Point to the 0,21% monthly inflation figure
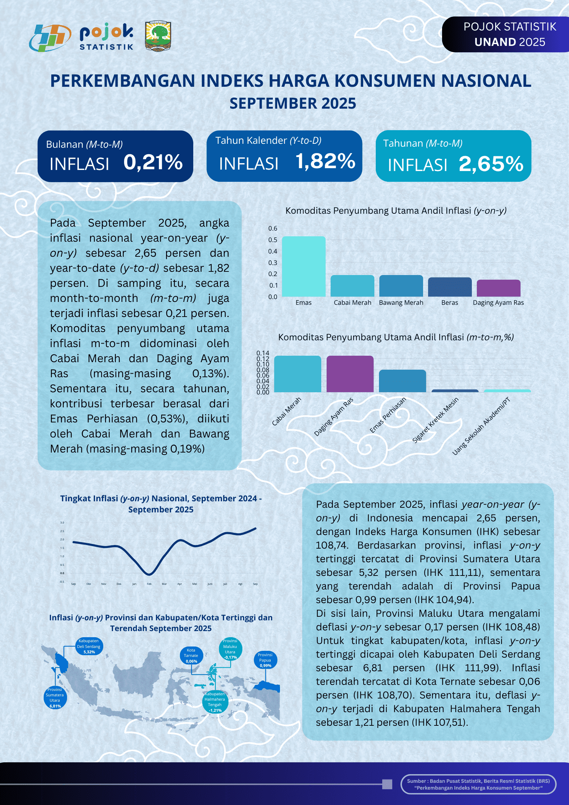153,162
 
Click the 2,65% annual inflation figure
491,164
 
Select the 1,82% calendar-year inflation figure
325,161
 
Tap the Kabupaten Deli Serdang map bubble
89,646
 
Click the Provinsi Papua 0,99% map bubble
265,660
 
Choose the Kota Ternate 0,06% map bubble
191,655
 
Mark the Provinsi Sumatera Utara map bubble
55,698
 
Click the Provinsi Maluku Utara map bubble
230,649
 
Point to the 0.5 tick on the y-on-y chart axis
272,240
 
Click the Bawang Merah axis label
401,303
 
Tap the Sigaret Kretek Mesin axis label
435,420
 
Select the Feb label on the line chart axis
149,584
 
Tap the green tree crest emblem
158,36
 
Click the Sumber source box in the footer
478,784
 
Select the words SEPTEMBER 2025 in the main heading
293,104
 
